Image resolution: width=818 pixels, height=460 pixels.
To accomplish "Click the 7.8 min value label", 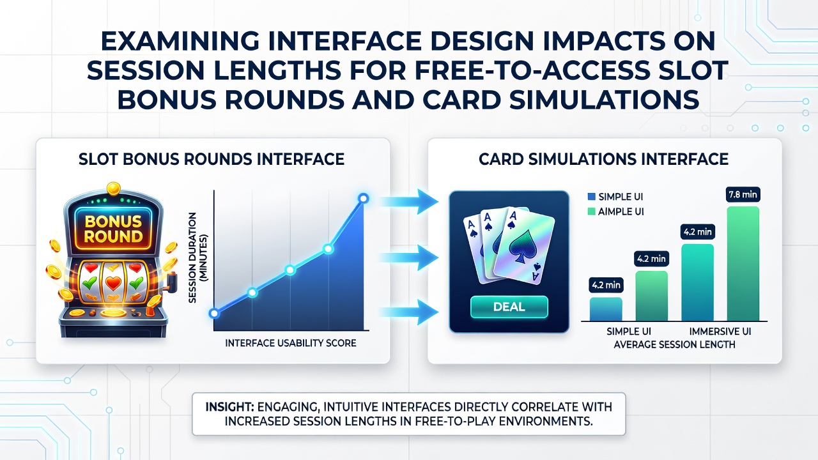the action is click(x=743, y=195).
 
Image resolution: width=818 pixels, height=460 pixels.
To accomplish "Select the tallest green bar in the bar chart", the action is click(x=743, y=264).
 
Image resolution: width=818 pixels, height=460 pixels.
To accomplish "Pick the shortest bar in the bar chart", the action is click(x=606, y=309).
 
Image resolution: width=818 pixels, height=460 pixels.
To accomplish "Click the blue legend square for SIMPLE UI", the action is click(x=592, y=196).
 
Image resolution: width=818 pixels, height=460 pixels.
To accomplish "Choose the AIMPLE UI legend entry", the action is click(x=615, y=211).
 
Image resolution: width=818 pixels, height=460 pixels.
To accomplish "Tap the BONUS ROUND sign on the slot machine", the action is click(x=113, y=229).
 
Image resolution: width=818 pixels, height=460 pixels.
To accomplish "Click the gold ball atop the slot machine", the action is click(x=114, y=188).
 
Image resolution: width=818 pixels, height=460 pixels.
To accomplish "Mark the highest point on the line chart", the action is click(x=364, y=199).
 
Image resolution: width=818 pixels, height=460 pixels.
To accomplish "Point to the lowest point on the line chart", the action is click(x=214, y=313).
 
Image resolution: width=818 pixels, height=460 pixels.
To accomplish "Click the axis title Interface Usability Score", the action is click(x=291, y=343).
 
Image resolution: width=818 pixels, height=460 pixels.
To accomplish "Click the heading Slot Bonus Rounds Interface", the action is click(x=212, y=159).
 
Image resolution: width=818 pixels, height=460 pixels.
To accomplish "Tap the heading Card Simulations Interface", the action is click(x=603, y=159).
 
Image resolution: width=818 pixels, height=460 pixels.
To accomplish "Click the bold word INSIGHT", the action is click(x=229, y=407).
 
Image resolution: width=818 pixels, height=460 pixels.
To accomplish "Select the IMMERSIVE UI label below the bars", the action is click(x=720, y=332).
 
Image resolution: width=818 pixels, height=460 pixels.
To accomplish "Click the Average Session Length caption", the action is click(x=674, y=344).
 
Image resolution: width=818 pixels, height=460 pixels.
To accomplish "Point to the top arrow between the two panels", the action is click(x=409, y=201).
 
